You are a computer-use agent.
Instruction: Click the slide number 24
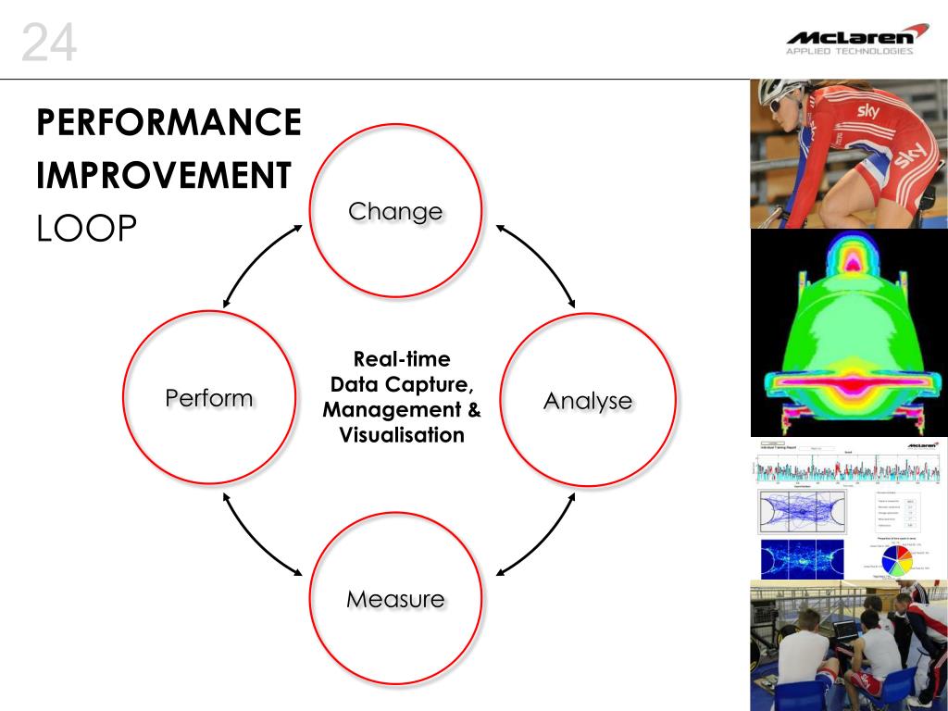tap(48, 44)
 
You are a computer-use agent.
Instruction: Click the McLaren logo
tap(856, 36)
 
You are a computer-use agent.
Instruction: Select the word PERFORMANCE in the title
tap(169, 122)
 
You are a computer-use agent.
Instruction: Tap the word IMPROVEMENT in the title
tap(165, 176)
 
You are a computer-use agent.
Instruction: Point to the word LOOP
tap(86, 230)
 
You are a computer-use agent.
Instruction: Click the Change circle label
tap(395, 211)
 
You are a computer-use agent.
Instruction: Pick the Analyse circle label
tap(588, 401)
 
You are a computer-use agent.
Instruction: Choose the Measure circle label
tap(395, 599)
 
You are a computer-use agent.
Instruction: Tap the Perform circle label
tap(208, 398)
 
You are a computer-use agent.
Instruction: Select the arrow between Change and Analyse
tap(536, 265)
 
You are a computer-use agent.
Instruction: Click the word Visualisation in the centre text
tap(402, 435)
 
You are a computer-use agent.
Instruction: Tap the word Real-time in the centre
tap(402, 359)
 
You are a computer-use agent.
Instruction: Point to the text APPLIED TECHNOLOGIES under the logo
tap(849, 52)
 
